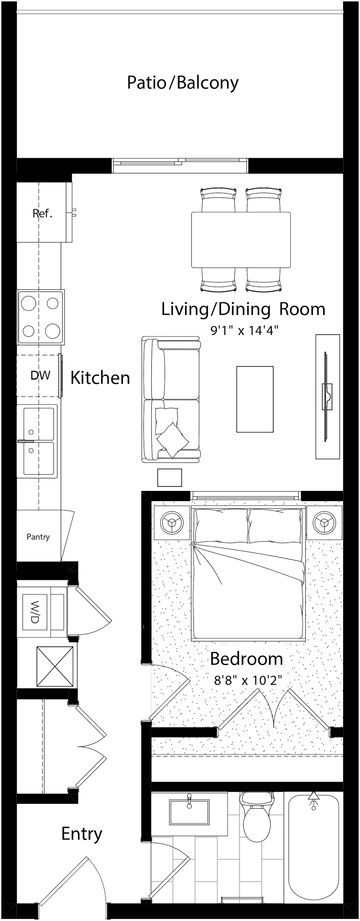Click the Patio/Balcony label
[183, 83]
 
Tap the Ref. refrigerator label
[43, 213]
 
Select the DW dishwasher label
[40, 375]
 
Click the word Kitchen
[100, 378]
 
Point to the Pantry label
[38, 537]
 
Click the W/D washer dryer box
[35, 612]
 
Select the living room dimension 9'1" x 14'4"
[244, 330]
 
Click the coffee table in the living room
[255, 399]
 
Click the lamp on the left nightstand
[172, 523]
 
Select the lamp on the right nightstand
[324, 523]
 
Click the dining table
[241, 239]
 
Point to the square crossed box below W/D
[55, 666]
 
